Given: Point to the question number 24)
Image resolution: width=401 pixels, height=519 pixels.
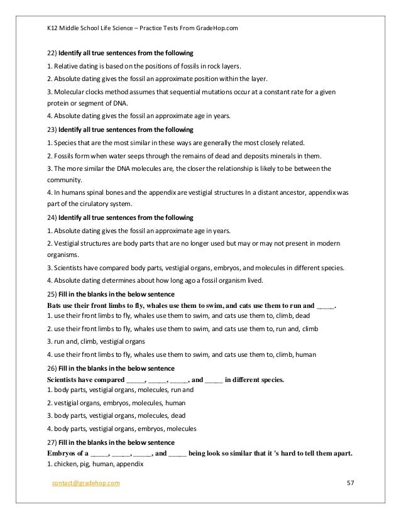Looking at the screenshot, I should (x=52, y=217).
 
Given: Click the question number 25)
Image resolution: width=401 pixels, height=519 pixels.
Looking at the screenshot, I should (x=52, y=295).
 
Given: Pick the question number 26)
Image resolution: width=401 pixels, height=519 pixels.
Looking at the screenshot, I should (x=52, y=367).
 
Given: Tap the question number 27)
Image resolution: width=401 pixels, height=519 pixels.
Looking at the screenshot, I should (x=52, y=440).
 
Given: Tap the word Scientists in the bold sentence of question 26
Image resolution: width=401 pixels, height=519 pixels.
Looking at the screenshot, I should (x=64, y=380).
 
